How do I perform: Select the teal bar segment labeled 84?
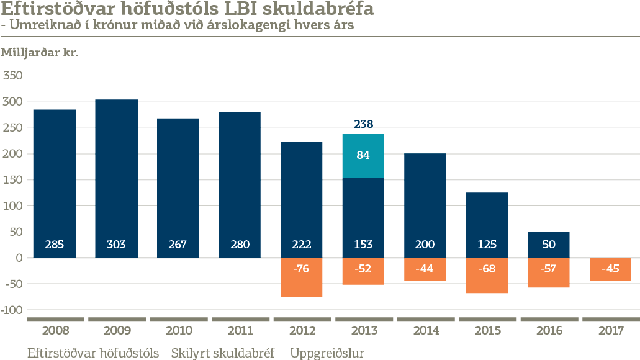coord(363,156)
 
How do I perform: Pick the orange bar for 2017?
coord(610,269)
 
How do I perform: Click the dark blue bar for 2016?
coord(549,245)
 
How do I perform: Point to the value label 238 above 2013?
coord(363,124)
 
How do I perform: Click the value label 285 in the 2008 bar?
coord(55,245)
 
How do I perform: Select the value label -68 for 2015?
coord(487,269)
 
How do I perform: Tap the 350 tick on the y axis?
coord(12,76)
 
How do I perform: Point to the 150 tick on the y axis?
coord(12,180)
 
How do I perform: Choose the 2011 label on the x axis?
coord(240,331)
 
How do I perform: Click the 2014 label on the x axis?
coord(425,331)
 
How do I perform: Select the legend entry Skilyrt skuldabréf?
coord(223,353)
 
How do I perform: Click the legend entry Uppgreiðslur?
coord(327,353)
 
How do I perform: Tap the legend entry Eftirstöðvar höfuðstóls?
coord(93,353)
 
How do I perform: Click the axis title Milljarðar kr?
coord(38,53)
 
